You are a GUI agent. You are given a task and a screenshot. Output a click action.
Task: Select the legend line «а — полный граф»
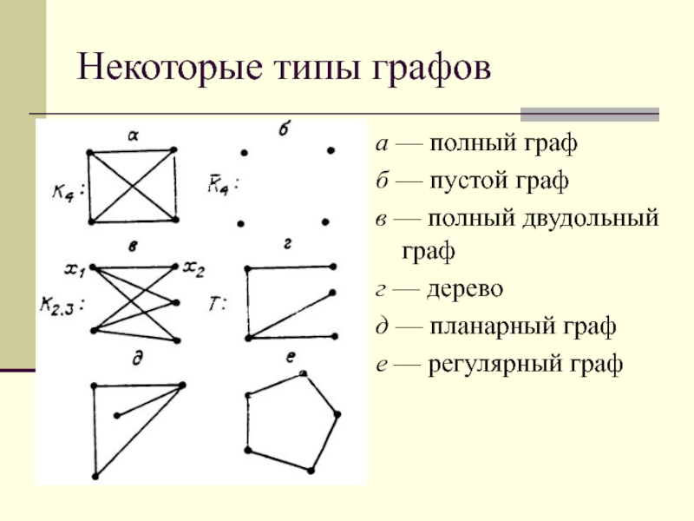[x=476, y=143]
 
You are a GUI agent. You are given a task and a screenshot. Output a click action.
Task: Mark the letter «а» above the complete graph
[x=133, y=135]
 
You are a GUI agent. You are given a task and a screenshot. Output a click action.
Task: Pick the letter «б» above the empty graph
[x=284, y=131]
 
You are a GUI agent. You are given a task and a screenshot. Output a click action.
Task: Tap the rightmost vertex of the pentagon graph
[x=337, y=414]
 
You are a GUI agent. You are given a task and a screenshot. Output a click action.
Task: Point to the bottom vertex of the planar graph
[x=95, y=477]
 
